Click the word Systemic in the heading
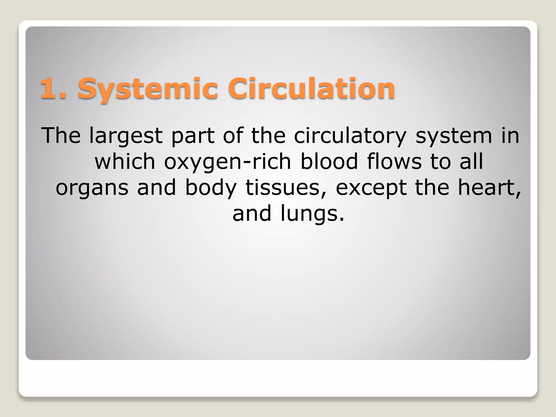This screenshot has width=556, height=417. (x=148, y=88)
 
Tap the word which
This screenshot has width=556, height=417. (x=125, y=162)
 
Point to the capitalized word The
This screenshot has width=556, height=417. (x=61, y=136)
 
